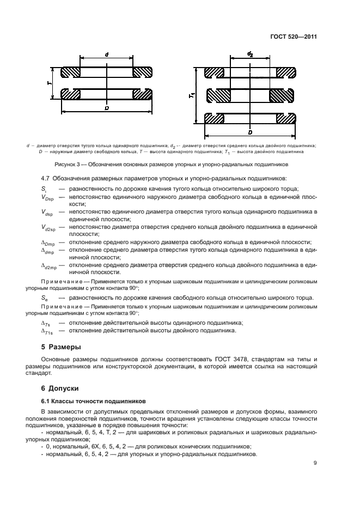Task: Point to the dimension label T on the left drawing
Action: (x=49, y=83)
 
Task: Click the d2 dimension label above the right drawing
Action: (x=250, y=54)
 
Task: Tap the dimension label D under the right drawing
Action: (x=249, y=132)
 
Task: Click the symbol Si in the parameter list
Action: (x=44, y=187)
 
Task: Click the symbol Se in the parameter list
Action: (x=44, y=298)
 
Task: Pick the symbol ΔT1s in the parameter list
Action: (x=47, y=330)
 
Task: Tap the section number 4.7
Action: (x=46, y=178)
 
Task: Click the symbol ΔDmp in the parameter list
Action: (x=48, y=242)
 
